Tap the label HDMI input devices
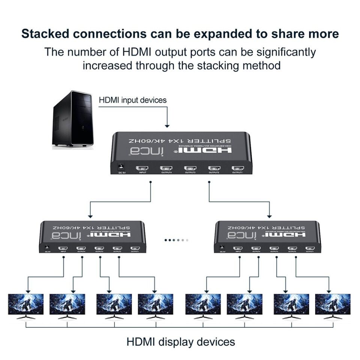[132, 100]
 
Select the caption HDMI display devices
[180, 342]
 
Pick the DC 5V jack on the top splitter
[121, 166]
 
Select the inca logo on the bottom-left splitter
[61, 235]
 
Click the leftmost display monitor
[26, 304]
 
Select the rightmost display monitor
[333, 304]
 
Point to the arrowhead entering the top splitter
[168, 126]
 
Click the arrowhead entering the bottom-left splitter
[90, 216]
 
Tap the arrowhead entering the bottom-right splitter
[270, 216]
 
